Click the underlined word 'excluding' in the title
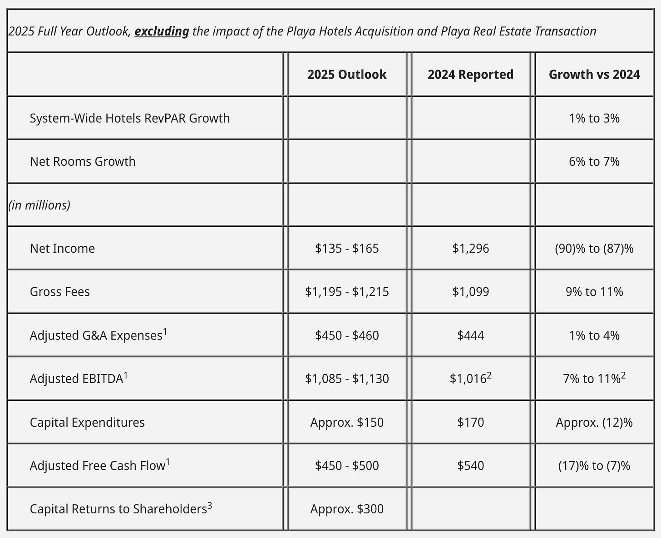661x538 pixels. [162, 31]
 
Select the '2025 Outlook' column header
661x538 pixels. [347, 75]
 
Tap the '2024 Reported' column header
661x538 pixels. [470, 75]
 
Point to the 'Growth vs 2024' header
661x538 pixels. [594, 75]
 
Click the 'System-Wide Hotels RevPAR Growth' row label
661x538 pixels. [130, 118]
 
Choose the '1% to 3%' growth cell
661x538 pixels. [594, 118]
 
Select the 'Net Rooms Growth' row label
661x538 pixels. [83, 161]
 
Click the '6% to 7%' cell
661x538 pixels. [594, 161]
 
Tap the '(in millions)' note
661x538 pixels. [39, 205]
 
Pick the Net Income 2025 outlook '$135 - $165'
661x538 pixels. [347, 249]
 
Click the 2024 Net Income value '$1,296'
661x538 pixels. [470, 249]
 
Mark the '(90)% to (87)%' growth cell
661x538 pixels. [594, 249]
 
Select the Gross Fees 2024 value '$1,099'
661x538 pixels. [470, 292]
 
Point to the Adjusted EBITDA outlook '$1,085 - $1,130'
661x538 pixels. [347, 379]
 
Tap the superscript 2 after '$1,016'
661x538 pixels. [489, 375]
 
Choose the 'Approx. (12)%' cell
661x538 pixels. [594, 423]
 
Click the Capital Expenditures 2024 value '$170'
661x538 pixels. [470, 423]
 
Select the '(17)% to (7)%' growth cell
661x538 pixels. [594, 466]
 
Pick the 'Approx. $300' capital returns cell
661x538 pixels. [347, 509]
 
